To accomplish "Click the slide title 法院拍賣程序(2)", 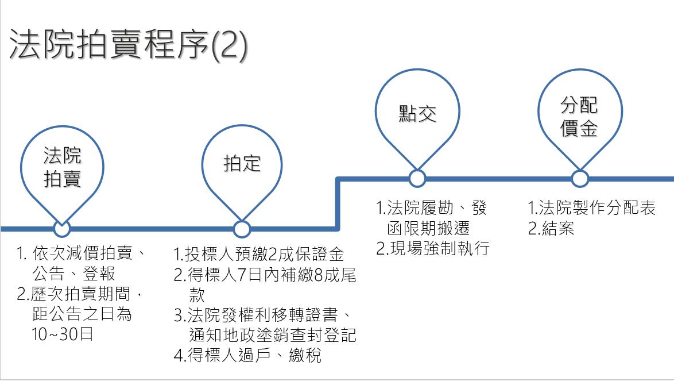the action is pos(128,44).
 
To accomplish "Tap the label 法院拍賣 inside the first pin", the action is pos(63,167).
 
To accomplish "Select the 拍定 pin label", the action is pos(242,164).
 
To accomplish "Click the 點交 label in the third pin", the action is pos(417,114).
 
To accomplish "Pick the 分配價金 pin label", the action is pos(579,117).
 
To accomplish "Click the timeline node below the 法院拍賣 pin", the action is pos(62,229).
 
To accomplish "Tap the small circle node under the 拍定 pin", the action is pos(242,229).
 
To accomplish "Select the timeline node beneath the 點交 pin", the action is pos(417,179).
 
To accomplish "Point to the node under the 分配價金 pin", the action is pos(580,179).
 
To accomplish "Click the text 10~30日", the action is pos(63,334).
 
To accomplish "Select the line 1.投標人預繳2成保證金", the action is pos(259,254).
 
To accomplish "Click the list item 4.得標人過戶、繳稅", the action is pos(247,355).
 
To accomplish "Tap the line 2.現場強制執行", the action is pos(433,248).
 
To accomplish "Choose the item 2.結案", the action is pos(551,228).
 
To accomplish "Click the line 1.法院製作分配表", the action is pos(592,207).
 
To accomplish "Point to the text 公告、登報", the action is pos(73,274).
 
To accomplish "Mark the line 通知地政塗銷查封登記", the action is pos(273,335).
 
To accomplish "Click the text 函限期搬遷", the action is pos(428,228).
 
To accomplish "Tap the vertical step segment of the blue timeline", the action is pos(338,204).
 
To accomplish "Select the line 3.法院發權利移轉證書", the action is pos(262,315).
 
